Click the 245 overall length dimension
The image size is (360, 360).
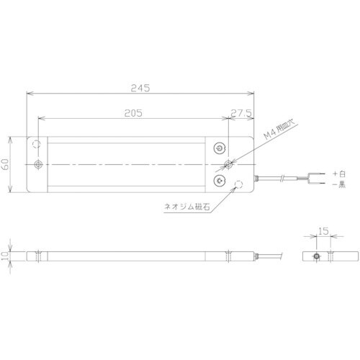[x=140, y=88]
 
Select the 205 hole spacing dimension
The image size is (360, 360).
[x=133, y=113]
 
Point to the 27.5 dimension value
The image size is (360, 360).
[x=241, y=113]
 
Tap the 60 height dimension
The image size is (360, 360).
[x=5, y=164]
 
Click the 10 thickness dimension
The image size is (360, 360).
[x=5, y=256]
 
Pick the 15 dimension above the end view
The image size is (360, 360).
[x=323, y=231]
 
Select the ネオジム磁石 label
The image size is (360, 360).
[x=187, y=207]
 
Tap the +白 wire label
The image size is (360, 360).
[x=339, y=174]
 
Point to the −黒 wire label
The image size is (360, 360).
[x=339, y=184]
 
